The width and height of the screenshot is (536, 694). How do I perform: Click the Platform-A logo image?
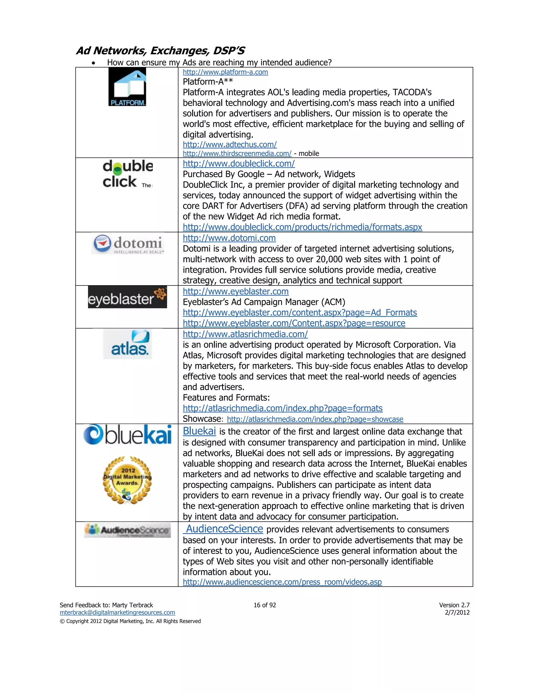[127, 87]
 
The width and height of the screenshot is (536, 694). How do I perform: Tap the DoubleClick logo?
[128, 174]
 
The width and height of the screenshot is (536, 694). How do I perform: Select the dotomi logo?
[128, 244]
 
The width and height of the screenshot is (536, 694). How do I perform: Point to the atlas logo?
[127, 344]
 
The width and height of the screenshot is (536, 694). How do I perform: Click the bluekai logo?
[127, 435]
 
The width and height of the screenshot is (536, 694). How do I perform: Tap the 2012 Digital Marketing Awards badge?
[127, 480]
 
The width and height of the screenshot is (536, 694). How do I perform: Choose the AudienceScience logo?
[127, 530]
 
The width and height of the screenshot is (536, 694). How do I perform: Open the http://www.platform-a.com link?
[225, 72]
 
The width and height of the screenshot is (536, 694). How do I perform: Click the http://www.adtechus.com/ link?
[230, 145]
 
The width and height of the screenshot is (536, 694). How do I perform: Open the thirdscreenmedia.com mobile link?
[237, 153]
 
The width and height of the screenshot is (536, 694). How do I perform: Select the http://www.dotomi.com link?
[229, 238]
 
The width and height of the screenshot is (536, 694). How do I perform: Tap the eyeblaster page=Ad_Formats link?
[300, 312]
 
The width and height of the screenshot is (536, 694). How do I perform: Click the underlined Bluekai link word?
[199, 431]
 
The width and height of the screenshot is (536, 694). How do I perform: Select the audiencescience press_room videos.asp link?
[282, 582]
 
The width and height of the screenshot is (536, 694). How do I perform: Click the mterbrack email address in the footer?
[117, 612]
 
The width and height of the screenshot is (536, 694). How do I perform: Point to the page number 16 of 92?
[265, 605]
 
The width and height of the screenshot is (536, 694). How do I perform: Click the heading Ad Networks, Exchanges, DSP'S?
[160, 51]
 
